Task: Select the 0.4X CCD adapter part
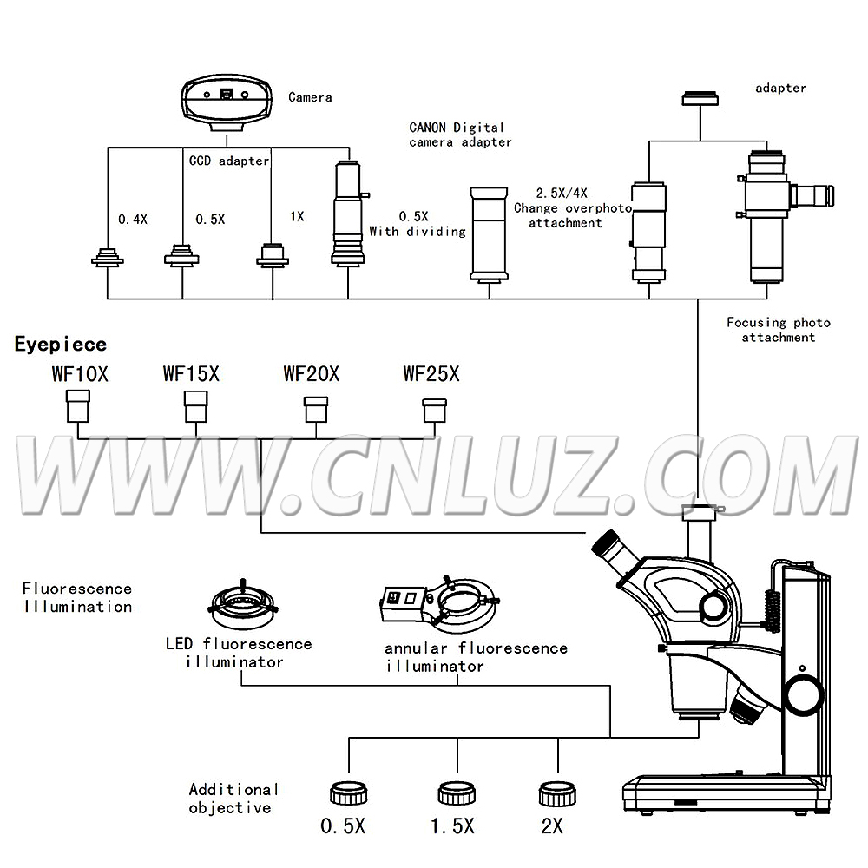108,258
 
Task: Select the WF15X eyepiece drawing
195,405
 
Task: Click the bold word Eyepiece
61,345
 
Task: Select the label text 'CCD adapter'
229,161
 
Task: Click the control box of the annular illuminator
403,600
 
